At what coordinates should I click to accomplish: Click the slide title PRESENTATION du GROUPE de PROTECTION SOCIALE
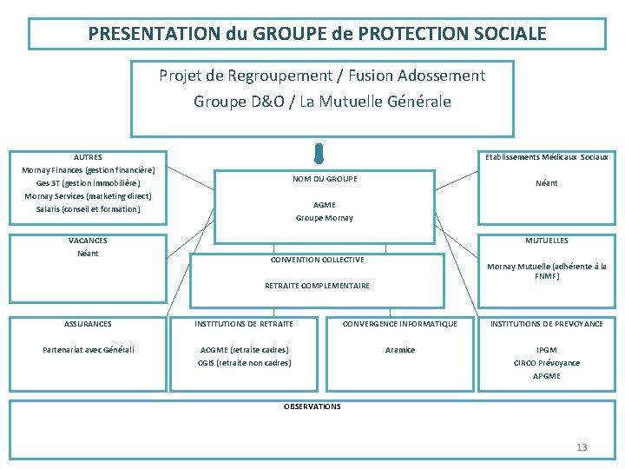(x=317, y=34)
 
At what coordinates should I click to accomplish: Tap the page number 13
(x=582, y=447)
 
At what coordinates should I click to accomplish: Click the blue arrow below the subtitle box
(x=319, y=154)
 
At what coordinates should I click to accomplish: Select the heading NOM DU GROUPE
(x=325, y=179)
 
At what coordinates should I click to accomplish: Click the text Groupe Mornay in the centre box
(x=325, y=218)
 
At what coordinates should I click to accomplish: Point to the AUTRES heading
(x=88, y=157)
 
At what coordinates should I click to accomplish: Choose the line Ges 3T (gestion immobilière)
(x=88, y=183)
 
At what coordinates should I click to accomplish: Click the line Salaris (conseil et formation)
(x=88, y=209)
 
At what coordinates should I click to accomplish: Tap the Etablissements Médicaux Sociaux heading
(x=547, y=157)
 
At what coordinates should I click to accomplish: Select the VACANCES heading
(x=88, y=241)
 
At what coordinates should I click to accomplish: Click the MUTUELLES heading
(x=547, y=241)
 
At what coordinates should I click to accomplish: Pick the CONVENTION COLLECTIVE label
(x=317, y=260)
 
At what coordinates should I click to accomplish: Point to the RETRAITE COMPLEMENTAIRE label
(x=317, y=286)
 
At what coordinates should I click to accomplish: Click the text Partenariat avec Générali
(x=88, y=350)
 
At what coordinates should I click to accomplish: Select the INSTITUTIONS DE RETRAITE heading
(x=244, y=324)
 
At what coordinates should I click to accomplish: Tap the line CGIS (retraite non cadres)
(x=244, y=363)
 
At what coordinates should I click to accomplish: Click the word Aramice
(x=400, y=350)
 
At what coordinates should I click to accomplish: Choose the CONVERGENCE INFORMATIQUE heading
(x=400, y=324)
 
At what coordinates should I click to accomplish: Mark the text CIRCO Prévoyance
(x=547, y=363)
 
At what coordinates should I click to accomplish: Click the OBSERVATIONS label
(x=312, y=406)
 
